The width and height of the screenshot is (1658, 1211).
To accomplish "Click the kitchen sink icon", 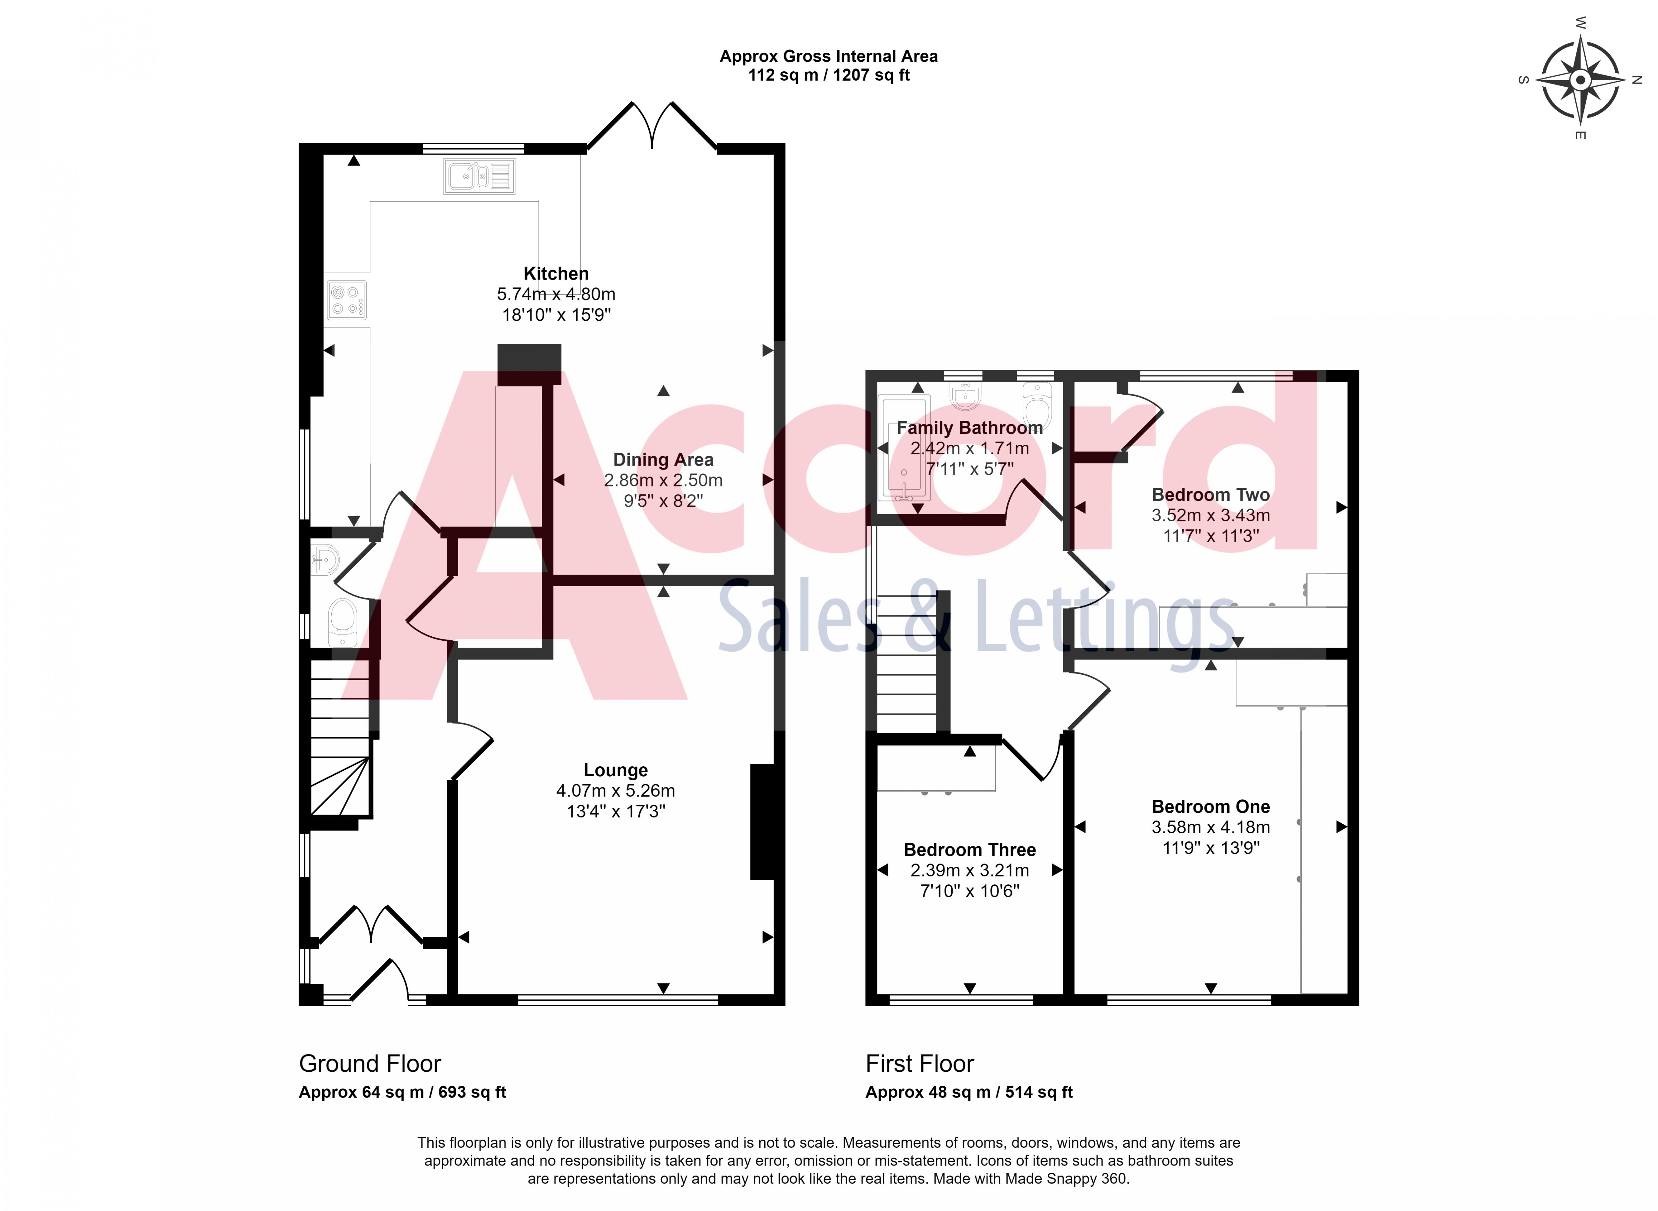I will tap(478, 177).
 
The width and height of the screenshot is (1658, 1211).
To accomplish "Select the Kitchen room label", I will tap(556, 274).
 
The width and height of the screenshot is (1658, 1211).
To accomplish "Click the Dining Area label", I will tap(663, 460).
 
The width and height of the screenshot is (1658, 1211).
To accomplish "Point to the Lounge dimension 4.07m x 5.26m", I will tap(615, 790).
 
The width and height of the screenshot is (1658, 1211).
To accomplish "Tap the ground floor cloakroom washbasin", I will tap(325, 560).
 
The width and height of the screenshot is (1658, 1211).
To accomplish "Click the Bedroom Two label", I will tap(1210, 495).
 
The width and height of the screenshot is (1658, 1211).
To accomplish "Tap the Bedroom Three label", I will tap(969, 850).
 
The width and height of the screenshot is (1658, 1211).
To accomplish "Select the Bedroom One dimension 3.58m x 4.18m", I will tap(1210, 827).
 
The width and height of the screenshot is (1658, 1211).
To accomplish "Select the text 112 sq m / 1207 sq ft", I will tap(828, 75).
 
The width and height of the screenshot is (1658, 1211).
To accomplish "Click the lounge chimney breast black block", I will tap(762, 821).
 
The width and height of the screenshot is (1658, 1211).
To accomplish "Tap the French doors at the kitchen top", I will tap(652, 126).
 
